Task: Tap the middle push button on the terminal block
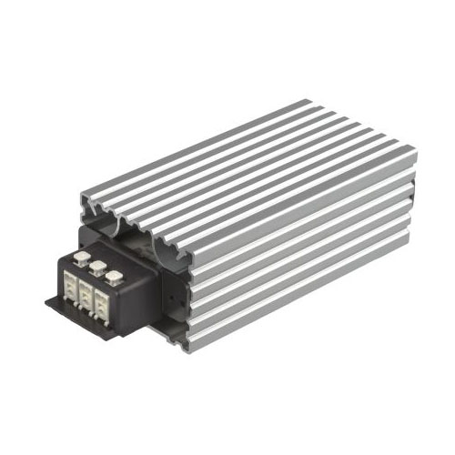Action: [x=96, y=266]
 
